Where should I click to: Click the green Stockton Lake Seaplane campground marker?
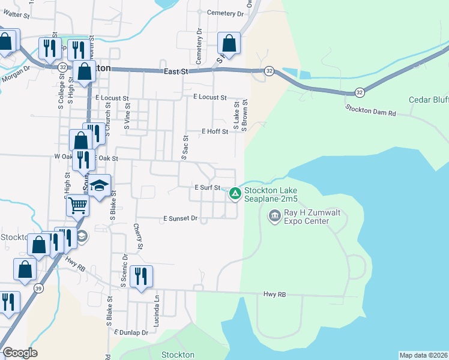point(235,193)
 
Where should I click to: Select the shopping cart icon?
point(77,206)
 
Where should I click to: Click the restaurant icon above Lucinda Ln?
point(141,276)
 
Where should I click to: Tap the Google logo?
point(19,353)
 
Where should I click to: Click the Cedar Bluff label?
point(429,100)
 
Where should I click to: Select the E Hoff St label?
point(215,131)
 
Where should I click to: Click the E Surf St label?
point(208,188)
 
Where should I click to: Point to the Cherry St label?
point(139,237)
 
